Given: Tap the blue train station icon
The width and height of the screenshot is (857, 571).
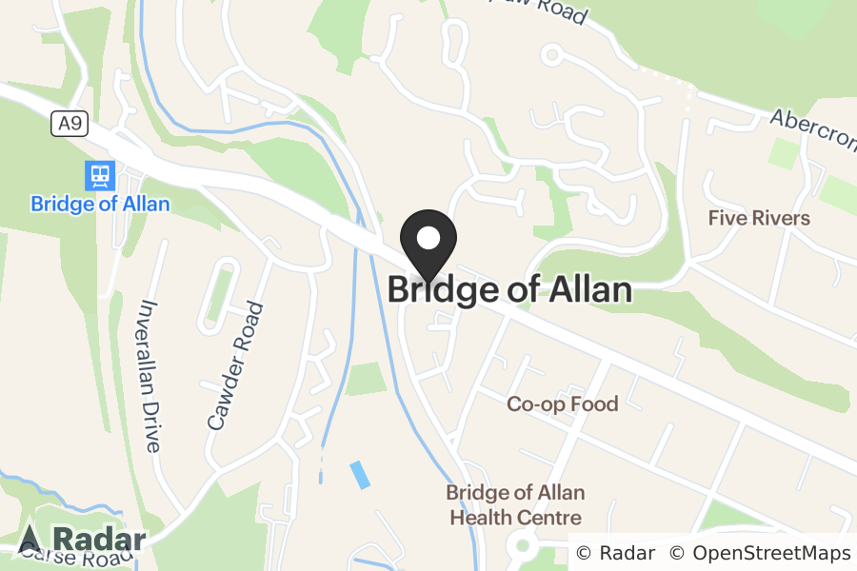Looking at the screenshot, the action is (x=99, y=175).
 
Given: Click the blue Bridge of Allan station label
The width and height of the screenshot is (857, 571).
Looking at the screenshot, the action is (x=100, y=204).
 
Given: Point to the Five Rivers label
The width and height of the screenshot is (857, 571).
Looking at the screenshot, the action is (x=759, y=218).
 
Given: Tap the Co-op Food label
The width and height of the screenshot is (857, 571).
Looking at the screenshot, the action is (x=562, y=404).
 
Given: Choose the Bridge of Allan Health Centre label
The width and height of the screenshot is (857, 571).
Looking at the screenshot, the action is (x=515, y=505).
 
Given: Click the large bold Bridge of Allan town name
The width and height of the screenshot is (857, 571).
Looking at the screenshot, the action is (x=509, y=289).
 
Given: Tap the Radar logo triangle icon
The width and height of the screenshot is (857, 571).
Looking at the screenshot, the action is (x=30, y=540).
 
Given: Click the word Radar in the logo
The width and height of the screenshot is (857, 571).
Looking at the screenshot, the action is (x=99, y=540).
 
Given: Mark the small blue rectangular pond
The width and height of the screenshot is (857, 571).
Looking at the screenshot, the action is (x=360, y=474).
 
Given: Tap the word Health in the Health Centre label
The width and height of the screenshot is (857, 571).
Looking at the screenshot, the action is (x=479, y=518).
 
